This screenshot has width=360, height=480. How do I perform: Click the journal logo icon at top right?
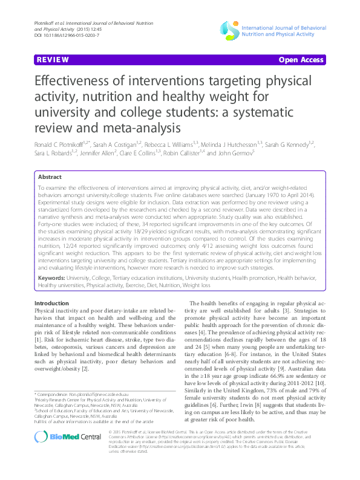pyautogui.click(x=230, y=28)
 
